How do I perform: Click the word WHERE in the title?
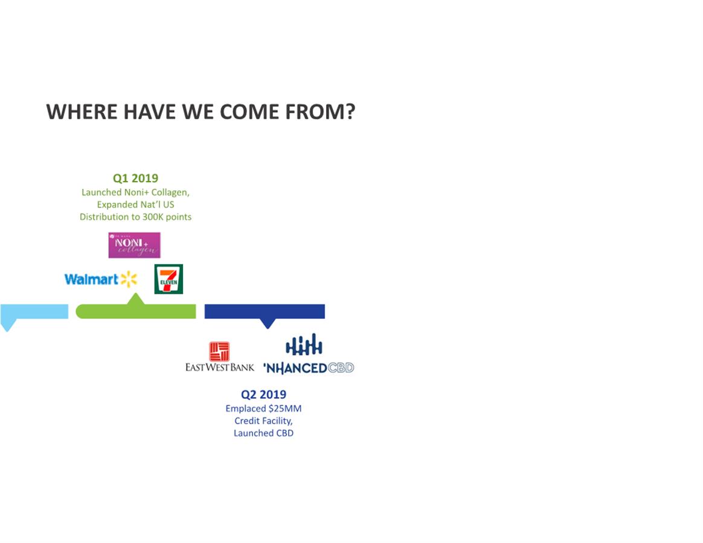point(82,112)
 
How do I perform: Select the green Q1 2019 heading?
point(135,179)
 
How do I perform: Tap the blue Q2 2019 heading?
point(263,395)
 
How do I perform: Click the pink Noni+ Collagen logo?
point(135,245)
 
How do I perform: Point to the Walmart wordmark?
point(91,279)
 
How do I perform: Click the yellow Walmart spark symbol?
point(129,279)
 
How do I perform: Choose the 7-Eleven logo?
point(169,279)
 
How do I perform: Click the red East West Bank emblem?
point(219,352)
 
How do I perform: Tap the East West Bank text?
point(220,367)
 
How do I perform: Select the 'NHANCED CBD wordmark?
point(309,368)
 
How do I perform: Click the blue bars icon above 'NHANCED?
point(304,345)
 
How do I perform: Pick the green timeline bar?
point(136,311)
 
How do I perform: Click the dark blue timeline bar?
point(265,311)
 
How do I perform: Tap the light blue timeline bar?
point(34,311)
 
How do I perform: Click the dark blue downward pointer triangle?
point(268,323)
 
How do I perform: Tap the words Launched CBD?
point(263,433)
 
